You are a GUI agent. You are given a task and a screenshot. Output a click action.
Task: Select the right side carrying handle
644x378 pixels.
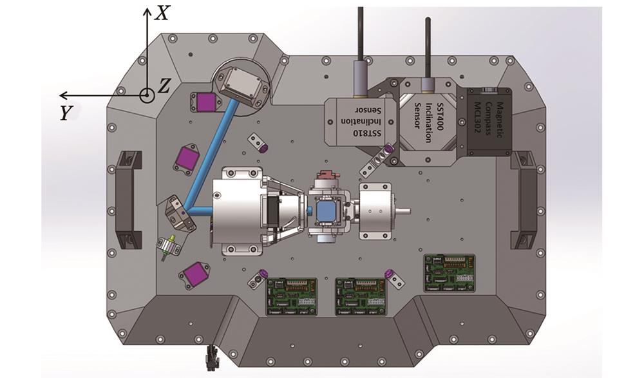524,200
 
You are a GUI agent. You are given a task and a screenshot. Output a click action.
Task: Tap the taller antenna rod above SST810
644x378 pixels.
361,32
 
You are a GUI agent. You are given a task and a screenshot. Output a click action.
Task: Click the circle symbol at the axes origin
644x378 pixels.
147,95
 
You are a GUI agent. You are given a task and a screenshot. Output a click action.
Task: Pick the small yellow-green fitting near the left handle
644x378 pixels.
169,246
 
